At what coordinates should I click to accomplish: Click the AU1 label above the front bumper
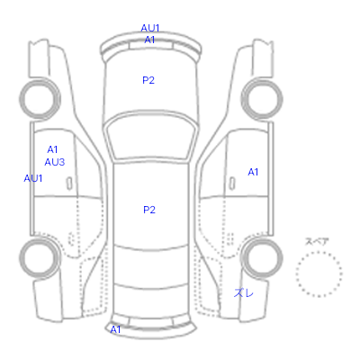click(150, 28)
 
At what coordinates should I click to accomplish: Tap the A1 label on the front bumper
click(149, 40)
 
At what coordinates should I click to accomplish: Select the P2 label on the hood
click(148, 80)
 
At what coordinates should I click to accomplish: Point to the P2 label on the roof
click(149, 210)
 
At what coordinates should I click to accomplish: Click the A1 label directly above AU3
click(52, 149)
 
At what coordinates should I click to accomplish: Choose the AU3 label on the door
click(55, 162)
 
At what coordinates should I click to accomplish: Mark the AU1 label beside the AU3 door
click(33, 178)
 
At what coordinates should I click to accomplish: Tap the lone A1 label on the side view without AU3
click(253, 172)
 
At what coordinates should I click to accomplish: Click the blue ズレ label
click(244, 293)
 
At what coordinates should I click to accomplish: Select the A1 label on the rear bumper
click(115, 329)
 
